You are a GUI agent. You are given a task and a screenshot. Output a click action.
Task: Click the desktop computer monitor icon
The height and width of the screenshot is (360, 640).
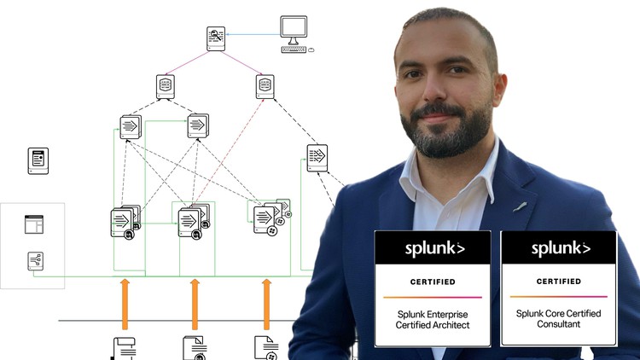(294, 29)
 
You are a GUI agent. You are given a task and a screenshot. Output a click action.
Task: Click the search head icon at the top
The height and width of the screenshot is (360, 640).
(216, 38)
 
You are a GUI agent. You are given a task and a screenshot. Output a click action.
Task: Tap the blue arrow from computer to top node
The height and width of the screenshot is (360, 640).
(253, 35)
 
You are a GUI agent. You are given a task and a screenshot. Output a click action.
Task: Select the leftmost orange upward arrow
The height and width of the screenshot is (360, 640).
(125, 303)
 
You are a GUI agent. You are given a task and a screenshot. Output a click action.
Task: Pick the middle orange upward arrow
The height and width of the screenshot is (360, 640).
(195, 303)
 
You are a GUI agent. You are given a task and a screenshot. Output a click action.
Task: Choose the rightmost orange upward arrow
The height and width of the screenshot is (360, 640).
(266, 303)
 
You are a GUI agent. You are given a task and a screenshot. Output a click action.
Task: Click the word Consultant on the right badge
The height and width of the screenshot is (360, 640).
(558, 325)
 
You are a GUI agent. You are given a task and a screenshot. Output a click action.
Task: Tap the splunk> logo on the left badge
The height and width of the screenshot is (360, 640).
(433, 249)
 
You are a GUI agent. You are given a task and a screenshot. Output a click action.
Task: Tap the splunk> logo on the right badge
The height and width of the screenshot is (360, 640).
(560, 248)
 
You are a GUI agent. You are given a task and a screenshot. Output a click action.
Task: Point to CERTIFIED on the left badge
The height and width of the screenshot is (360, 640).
(433, 282)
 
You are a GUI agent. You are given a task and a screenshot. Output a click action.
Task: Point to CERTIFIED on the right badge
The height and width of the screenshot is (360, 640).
(559, 281)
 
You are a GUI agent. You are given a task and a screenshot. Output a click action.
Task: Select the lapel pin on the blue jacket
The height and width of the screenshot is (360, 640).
(518, 207)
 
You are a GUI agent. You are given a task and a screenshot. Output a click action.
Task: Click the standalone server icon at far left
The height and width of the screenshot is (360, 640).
(38, 160)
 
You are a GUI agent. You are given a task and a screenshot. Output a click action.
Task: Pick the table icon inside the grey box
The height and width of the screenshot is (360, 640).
(33, 224)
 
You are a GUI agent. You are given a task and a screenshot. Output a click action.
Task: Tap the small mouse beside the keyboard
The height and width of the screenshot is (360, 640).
(311, 49)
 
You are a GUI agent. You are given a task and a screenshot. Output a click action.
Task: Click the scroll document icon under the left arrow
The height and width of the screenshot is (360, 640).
(124, 348)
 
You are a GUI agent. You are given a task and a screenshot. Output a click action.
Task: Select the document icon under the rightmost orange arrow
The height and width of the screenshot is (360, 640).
(265, 348)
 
